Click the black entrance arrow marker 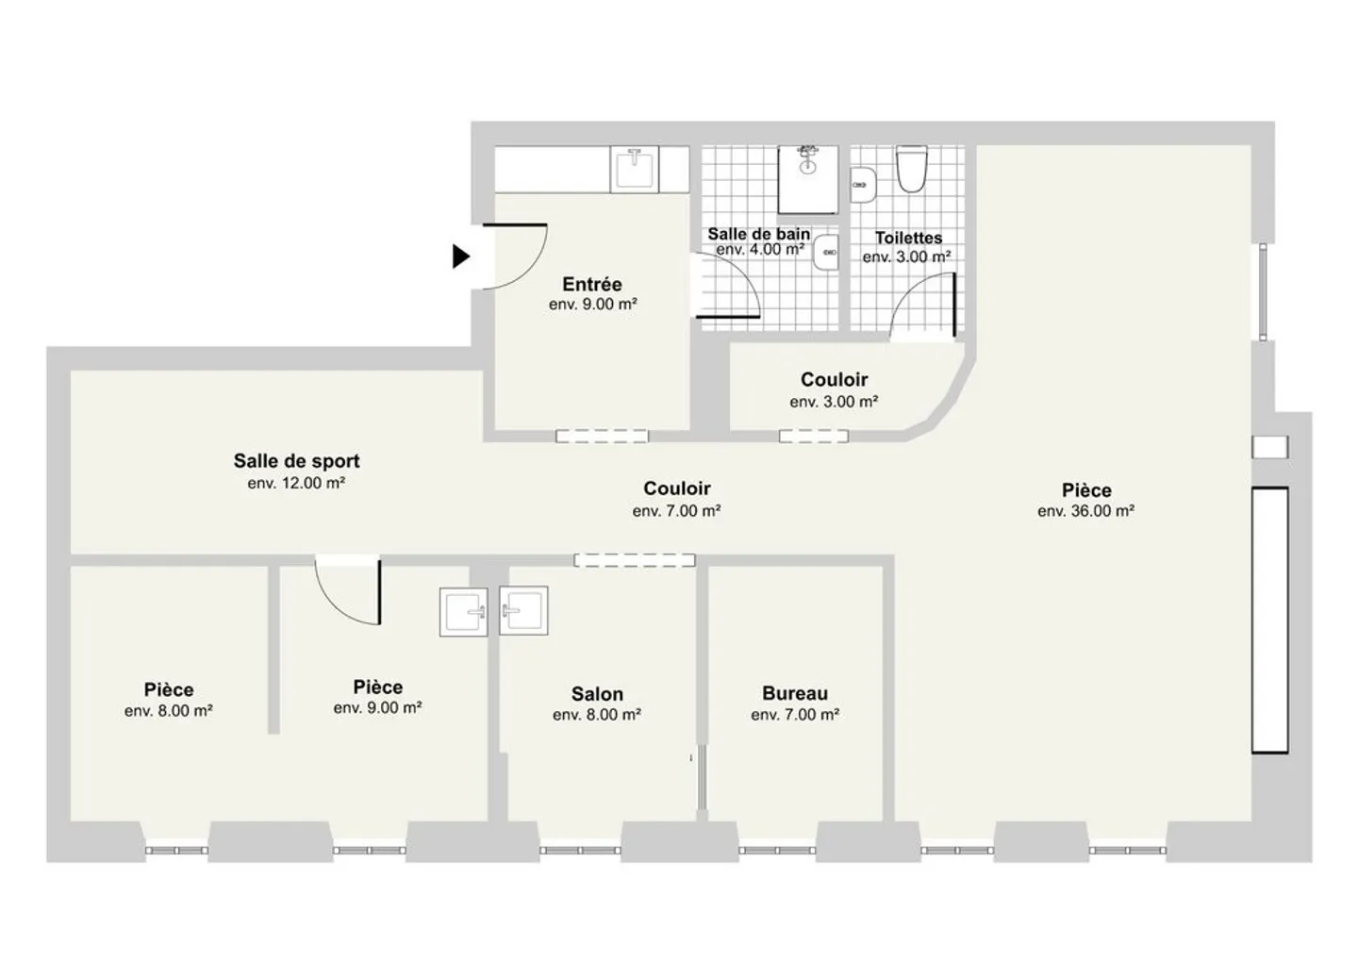[460, 256]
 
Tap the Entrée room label [592, 284]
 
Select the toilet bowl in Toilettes [911, 170]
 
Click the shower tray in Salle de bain [807, 179]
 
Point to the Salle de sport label [296, 461]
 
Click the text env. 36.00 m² [1085, 511]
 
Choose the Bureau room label [795, 693]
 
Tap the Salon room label [596, 693]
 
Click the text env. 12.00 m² [296, 483]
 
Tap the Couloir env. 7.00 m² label [676, 488]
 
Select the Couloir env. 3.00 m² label [834, 380]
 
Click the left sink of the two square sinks [464, 611]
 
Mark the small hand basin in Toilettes [861, 185]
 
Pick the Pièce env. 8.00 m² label [169, 690]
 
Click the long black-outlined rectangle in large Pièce [1269, 620]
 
